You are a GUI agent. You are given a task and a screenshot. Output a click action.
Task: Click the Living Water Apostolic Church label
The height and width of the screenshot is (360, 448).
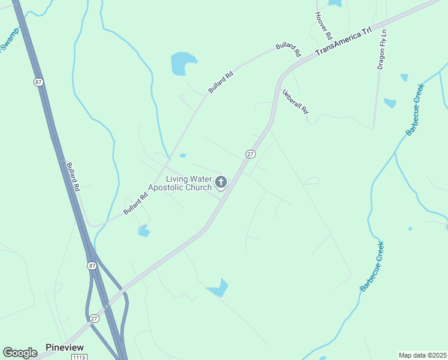(x=189, y=183)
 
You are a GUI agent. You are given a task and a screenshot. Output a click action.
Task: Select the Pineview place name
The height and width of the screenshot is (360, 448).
(x=65, y=347)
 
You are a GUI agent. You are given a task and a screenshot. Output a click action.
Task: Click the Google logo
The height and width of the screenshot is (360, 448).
(x=20, y=353)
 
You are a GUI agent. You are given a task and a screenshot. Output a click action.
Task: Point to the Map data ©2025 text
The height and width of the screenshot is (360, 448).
(x=422, y=355)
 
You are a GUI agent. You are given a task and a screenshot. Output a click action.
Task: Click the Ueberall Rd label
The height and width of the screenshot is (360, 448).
(x=295, y=101)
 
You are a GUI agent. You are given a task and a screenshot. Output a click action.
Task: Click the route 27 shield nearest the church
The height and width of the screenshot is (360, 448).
(x=250, y=154)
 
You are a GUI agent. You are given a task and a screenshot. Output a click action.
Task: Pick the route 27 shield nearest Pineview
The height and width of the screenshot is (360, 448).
(x=94, y=318)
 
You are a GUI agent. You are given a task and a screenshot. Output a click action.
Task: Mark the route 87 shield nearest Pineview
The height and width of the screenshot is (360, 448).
(x=91, y=266)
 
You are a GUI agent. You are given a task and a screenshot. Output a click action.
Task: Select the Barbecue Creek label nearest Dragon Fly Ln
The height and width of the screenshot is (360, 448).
(x=414, y=110)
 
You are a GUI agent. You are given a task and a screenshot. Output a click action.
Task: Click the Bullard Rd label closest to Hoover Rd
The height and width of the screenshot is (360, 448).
(x=288, y=50)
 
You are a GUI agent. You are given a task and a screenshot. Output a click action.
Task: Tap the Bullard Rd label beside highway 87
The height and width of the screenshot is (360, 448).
(x=73, y=176)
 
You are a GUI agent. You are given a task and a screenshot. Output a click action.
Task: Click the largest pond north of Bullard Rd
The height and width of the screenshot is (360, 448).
(x=182, y=63)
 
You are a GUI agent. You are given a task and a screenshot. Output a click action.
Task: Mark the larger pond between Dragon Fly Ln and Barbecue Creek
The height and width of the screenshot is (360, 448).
(x=390, y=103)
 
